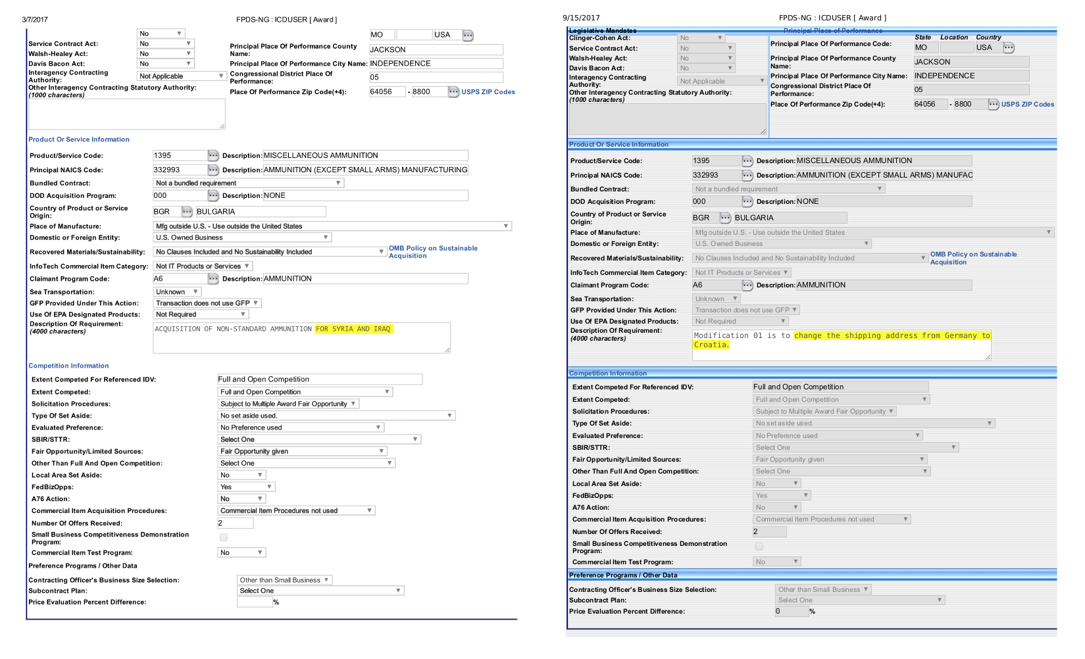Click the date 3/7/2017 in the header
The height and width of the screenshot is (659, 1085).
coord(34,20)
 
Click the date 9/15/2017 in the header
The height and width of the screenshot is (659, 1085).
coord(581,18)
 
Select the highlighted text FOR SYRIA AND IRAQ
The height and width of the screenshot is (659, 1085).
coord(353,329)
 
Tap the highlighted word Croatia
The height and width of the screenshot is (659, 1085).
coord(711,345)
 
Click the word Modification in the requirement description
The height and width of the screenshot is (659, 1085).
coord(721,335)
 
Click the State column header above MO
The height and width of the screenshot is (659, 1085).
coord(922,37)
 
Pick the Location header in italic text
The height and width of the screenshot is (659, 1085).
coord(953,37)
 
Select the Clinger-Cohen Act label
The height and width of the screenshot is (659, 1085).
coord(599,38)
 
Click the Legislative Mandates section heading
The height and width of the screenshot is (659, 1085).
coord(602,30)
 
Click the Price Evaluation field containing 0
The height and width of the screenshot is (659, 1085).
coord(791,612)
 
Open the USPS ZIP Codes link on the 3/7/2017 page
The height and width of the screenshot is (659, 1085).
coord(488,92)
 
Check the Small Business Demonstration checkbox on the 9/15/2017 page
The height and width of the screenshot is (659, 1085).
coord(759,547)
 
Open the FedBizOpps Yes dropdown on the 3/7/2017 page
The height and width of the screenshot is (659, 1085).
coord(245,487)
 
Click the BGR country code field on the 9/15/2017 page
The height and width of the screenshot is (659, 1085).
coord(703,218)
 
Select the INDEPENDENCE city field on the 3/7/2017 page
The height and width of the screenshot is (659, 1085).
coord(436,64)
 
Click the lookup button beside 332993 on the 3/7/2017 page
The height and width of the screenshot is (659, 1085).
coord(213,170)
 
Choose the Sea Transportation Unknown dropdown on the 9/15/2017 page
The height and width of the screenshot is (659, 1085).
coord(716,299)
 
